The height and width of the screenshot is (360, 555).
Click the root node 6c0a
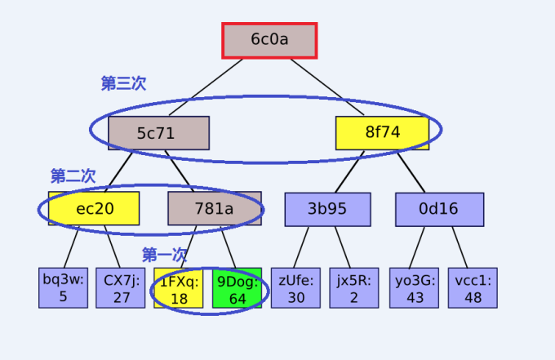coord(269,40)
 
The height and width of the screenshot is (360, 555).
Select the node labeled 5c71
coord(158,133)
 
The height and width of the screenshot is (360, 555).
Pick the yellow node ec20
coord(94,209)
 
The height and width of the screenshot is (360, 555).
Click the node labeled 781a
coord(215,209)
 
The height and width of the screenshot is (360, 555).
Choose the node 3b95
coord(327,209)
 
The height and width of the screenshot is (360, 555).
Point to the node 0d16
coord(439,209)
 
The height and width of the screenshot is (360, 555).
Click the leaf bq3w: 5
coord(63,288)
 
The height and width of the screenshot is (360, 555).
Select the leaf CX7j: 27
coord(120,288)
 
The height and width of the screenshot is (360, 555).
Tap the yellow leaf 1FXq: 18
coord(178,288)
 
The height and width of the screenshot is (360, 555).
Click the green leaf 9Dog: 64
coord(236,288)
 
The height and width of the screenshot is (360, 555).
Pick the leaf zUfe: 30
coord(295,288)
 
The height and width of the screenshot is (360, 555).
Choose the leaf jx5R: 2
coord(353,288)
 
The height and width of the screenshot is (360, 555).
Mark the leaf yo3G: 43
coord(414,288)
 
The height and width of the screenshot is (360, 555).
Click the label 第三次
coord(123,83)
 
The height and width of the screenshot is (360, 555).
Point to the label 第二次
coord(73,176)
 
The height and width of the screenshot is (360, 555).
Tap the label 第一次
coord(165,255)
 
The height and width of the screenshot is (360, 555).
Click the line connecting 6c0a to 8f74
coord(327,88)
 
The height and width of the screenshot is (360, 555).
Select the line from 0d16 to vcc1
coord(457,247)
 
